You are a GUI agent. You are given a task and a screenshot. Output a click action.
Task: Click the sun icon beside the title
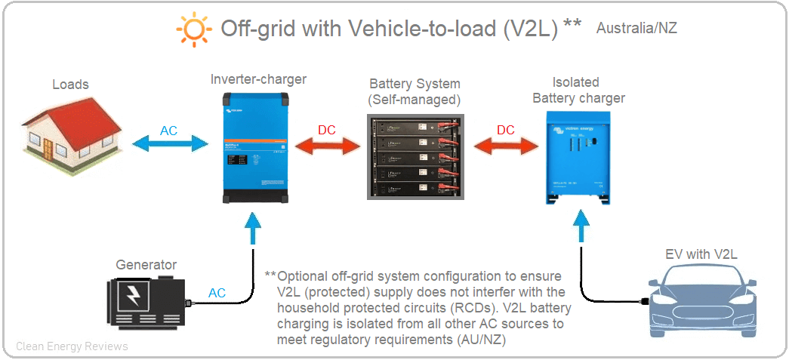click(x=193, y=29)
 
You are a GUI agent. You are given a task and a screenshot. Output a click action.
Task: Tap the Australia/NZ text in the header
click(x=636, y=29)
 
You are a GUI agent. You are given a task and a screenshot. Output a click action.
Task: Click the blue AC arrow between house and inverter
click(x=169, y=143)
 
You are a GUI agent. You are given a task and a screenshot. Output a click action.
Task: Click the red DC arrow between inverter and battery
click(x=327, y=143)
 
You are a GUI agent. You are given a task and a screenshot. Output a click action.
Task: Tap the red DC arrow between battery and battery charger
click(x=505, y=143)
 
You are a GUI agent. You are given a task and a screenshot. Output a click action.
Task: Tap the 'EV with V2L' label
click(x=701, y=254)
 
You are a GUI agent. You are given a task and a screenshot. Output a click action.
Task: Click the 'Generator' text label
click(x=146, y=265)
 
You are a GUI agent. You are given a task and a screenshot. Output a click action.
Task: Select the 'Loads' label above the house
click(x=70, y=85)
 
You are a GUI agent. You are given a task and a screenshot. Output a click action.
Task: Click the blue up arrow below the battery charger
click(x=580, y=227)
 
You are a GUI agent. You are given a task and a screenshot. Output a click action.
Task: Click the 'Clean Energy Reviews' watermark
click(x=72, y=346)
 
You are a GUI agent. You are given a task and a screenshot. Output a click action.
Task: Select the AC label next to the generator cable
click(x=217, y=293)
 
